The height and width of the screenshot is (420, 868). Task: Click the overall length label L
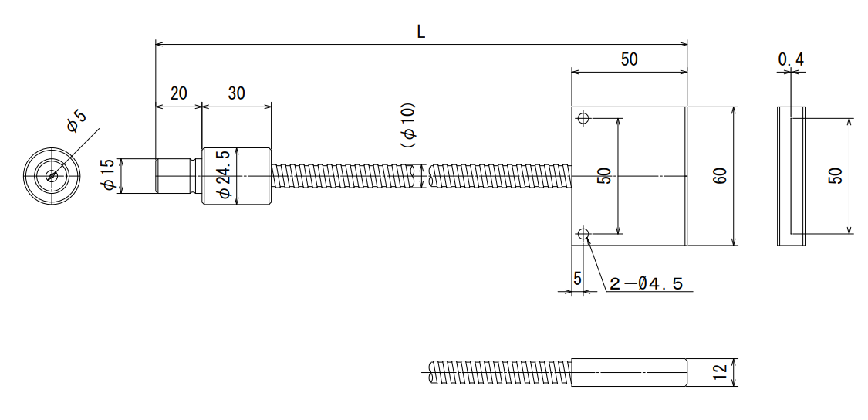[x=421, y=32]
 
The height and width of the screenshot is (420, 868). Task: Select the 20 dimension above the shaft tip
[x=179, y=93]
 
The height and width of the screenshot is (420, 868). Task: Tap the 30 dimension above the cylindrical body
[x=236, y=93]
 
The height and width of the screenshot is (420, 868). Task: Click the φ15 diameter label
[x=109, y=176]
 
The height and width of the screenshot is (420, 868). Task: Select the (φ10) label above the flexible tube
[x=408, y=125]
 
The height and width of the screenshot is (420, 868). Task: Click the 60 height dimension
[x=720, y=176]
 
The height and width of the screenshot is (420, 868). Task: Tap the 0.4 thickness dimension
[x=791, y=59]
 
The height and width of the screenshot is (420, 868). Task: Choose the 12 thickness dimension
[x=720, y=372]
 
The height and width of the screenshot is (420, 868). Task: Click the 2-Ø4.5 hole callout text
[x=646, y=284]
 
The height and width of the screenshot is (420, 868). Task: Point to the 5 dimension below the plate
[x=577, y=279]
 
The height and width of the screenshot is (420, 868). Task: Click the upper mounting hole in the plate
[x=583, y=118]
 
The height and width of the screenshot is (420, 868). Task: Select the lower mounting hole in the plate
[x=583, y=234]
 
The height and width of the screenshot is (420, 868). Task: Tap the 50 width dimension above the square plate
[x=630, y=59]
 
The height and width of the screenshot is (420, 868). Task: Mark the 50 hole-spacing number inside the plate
[x=606, y=176]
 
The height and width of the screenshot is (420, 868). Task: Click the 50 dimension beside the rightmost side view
[x=836, y=176]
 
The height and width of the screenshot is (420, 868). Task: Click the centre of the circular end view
[x=52, y=176]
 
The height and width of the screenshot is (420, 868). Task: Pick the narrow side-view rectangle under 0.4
[x=791, y=176]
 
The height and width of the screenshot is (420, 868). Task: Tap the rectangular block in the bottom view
[x=630, y=372]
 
